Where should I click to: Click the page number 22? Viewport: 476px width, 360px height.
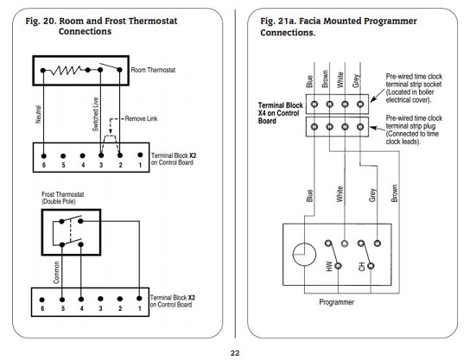point(235,353)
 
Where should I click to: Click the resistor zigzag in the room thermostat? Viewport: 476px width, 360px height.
point(66,71)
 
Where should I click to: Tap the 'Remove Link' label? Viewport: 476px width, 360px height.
point(141,118)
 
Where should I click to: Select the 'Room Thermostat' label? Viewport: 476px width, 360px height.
point(153,70)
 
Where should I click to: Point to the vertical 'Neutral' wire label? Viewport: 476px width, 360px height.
point(38,114)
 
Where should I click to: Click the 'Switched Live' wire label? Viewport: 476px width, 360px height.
point(96,114)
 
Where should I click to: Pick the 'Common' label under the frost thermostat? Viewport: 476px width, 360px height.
point(56,272)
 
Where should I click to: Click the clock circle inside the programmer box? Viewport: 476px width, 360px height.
point(304,255)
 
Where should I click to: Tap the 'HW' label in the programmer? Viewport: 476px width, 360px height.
point(329,266)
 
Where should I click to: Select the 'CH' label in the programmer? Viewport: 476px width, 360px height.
point(362,267)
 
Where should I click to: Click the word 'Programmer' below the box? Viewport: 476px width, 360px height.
point(336,302)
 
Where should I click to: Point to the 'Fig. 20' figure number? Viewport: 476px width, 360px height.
point(41,22)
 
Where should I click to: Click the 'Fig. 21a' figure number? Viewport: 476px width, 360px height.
point(279,22)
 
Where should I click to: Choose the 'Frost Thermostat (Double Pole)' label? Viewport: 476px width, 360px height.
point(62,198)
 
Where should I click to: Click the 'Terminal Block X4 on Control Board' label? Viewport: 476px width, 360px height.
point(280,113)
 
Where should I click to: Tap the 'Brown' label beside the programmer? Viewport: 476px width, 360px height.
point(394,193)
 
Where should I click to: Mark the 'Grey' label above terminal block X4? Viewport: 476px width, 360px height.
point(356,81)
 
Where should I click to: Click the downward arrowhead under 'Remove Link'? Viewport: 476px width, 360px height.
point(111,131)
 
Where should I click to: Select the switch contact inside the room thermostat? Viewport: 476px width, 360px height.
point(110,67)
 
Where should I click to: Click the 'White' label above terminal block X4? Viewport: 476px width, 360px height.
point(340,79)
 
